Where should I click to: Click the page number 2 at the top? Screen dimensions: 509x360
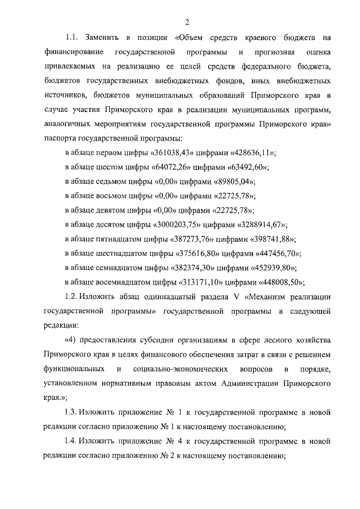[x=186, y=22]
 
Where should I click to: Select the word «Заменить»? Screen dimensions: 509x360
[x=103, y=38]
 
